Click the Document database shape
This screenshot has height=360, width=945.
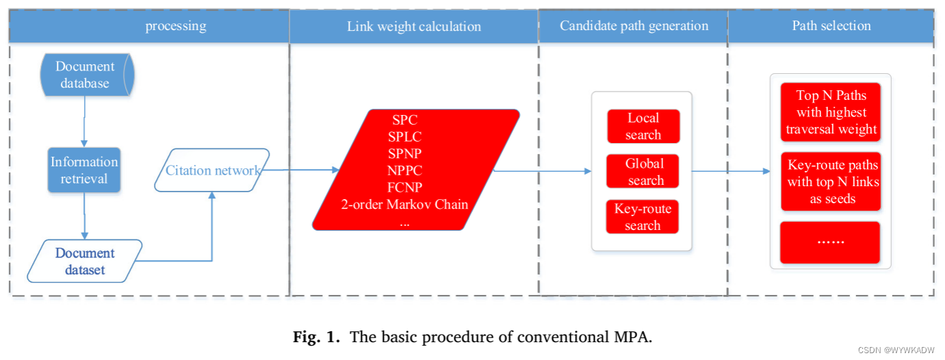pyautogui.click(x=85, y=75)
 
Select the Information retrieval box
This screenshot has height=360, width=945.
pyautogui.click(x=84, y=170)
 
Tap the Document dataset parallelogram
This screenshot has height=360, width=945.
pyautogui.click(x=85, y=261)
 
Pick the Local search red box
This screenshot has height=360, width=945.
pyautogui.click(x=643, y=127)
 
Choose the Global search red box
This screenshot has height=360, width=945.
pyautogui.click(x=643, y=172)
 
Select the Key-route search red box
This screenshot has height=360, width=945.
pyautogui.click(x=643, y=217)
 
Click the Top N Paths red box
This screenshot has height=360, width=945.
pyautogui.click(x=831, y=112)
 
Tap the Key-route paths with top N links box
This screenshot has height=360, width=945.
pyautogui.click(x=831, y=181)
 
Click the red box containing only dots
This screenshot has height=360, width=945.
pyautogui.click(x=831, y=242)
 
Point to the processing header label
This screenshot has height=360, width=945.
pyautogui.click(x=175, y=27)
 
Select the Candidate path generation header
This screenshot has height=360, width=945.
pyautogui.click(x=634, y=26)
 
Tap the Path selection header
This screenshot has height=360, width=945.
pyautogui.click(x=831, y=26)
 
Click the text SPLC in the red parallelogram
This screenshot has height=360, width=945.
pyautogui.click(x=404, y=136)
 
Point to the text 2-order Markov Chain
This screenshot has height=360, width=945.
pyautogui.click(x=404, y=204)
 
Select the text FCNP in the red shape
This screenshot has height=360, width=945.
pyautogui.click(x=404, y=187)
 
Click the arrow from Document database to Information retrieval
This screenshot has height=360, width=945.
pyautogui.click(x=84, y=120)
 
